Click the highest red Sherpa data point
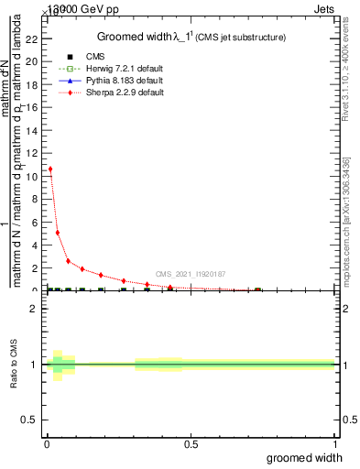point(50,169)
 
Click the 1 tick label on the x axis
point(335,443)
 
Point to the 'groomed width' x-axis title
point(304,457)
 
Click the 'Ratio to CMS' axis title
point(16,365)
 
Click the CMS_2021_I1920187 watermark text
point(191,274)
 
